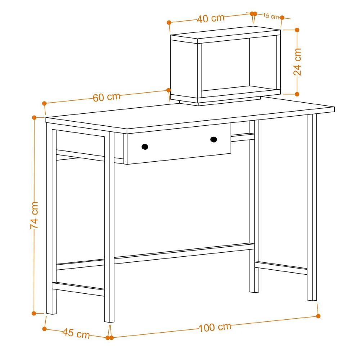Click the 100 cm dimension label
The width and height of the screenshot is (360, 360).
(215, 327)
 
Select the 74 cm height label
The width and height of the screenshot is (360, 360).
(34, 215)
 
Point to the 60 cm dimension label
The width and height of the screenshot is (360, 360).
(106, 97)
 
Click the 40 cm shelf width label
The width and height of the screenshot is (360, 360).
(211, 18)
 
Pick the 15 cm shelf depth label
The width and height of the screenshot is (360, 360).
(271, 16)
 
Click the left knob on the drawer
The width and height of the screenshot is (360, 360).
(145, 146)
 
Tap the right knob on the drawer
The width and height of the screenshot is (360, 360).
(214, 139)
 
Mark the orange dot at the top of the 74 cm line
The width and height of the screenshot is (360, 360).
(35, 117)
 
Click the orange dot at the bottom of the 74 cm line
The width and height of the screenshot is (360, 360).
(34, 313)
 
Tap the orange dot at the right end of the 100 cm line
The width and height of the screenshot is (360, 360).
(318, 316)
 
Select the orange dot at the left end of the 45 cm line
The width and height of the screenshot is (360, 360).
(45, 328)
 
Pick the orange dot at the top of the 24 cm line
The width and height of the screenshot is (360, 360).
(297, 30)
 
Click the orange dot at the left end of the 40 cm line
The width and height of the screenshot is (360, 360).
(169, 22)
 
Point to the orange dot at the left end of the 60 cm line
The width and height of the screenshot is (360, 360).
(45, 103)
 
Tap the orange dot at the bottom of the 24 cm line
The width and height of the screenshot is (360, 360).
(297, 94)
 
